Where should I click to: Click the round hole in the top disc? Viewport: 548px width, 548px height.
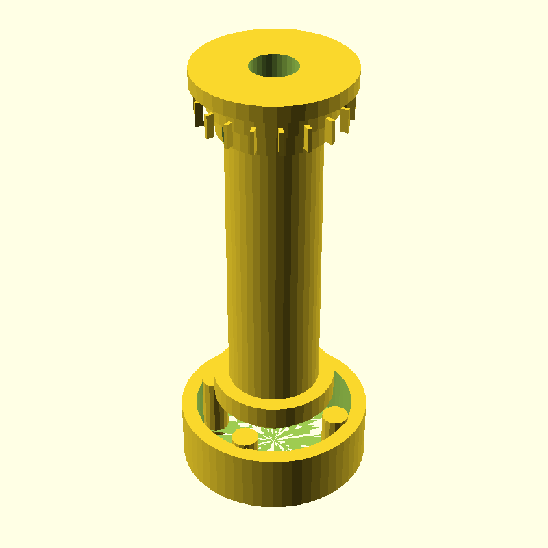tap(274, 66)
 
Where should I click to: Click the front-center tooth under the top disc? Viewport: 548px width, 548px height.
tap(281, 140)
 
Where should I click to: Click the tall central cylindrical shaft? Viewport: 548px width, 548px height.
tap(260, 260)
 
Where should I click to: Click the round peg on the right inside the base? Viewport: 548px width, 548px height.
tap(335, 414)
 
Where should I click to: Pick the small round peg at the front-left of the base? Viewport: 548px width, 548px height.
tap(244, 436)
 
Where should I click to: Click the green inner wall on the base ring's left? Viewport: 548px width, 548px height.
tap(203, 401)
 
